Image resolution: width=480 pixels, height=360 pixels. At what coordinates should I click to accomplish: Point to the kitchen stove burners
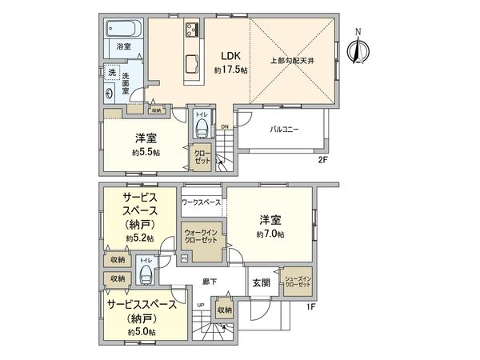click(193, 30)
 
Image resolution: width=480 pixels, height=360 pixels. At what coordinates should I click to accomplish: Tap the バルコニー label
click(284, 129)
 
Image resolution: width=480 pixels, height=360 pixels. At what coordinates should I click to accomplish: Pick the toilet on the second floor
click(202, 130)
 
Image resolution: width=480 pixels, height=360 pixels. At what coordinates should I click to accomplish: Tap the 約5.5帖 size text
click(145, 152)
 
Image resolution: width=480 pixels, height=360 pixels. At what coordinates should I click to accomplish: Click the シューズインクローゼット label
click(298, 280)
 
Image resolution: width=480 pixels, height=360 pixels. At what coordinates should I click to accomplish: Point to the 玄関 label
click(262, 282)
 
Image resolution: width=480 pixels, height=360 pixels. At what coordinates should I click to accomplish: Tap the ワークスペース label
click(202, 203)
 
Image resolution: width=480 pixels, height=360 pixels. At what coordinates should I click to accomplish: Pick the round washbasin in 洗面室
click(108, 90)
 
